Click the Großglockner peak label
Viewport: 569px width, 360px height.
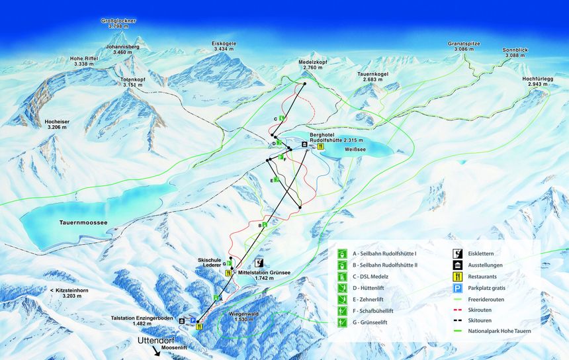(118, 24)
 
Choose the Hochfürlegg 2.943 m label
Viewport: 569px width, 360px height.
(537, 81)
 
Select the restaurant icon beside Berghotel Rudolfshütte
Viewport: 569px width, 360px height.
(321, 147)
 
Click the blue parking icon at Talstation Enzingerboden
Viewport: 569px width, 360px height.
(193, 320)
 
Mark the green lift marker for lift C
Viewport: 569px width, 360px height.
(281, 118)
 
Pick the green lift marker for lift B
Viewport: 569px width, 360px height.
(265, 226)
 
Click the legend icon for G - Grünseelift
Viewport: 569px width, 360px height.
(343, 322)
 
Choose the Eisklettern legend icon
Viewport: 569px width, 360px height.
(457, 253)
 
